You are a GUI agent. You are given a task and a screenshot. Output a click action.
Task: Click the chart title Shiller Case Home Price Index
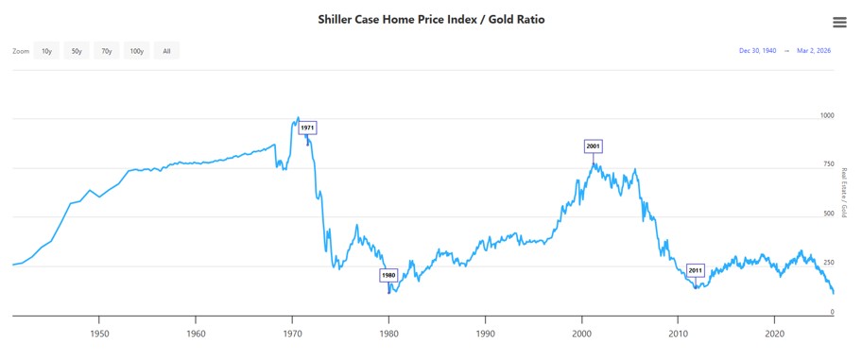point(431,19)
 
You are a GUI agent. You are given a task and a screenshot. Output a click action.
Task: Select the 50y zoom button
point(77,51)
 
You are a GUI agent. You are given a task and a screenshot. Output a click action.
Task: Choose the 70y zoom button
point(107,51)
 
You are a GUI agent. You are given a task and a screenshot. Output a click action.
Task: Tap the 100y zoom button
point(137,51)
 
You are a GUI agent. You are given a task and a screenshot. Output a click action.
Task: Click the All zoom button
point(166,51)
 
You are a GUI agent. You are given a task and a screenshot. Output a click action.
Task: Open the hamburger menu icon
point(839,23)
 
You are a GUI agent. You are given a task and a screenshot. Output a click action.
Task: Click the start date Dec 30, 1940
point(757,51)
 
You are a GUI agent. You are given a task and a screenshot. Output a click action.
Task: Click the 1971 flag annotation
point(307,128)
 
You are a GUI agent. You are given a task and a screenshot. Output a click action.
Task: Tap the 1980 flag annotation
point(388,275)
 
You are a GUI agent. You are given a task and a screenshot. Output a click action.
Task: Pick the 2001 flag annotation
point(593,146)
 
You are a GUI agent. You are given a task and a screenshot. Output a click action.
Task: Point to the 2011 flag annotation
point(695,270)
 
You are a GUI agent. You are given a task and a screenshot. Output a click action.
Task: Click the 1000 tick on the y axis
point(828,115)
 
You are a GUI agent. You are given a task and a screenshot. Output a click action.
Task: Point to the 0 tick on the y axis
point(832,312)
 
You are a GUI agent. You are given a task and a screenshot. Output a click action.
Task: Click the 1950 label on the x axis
point(99,334)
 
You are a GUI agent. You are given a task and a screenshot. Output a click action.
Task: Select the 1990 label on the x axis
point(486,334)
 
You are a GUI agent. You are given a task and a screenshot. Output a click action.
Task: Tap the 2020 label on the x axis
point(775,334)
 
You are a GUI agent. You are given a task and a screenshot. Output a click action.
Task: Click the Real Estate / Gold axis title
point(843,192)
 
